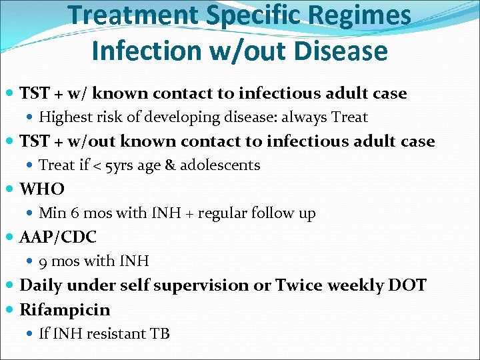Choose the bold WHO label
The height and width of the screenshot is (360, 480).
click(x=42, y=189)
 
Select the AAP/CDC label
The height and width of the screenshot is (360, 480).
click(x=58, y=237)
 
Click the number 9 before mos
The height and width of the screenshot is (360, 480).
click(x=43, y=261)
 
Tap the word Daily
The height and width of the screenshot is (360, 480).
click(x=41, y=285)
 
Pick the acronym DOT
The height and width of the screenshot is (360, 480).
click(x=406, y=285)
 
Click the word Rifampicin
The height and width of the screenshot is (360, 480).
click(x=65, y=310)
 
